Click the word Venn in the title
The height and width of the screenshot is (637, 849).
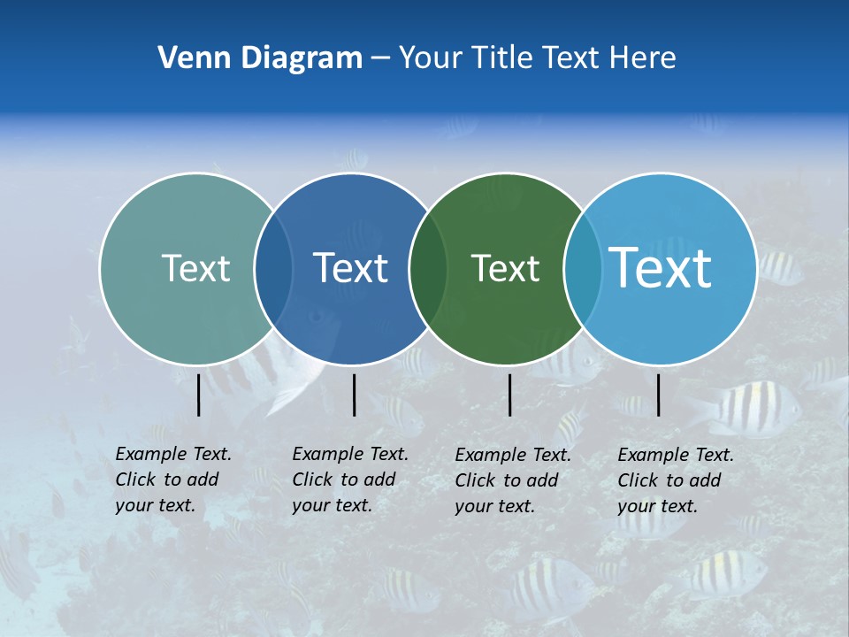[x=188, y=58]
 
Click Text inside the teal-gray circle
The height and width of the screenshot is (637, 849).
[x=195, y=268]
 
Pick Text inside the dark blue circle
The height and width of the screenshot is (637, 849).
[x=350, y=268]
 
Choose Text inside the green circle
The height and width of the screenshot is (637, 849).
[x=505, y=268]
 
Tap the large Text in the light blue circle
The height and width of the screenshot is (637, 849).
[x=660, y=268]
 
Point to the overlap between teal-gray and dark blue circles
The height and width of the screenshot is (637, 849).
[x=273, y=269]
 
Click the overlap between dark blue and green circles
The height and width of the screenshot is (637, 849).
[x=428, y=269]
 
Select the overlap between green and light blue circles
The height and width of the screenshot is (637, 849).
[x=582, y=269]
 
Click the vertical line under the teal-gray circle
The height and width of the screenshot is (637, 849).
[x=199, y=395]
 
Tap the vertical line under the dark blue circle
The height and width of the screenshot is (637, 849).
[x=354, y=395]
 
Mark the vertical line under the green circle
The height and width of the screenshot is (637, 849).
[x=509, y=395]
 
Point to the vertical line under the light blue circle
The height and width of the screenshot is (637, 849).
[x=658, y=395]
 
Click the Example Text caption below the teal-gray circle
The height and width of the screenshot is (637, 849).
[x=173, y=480]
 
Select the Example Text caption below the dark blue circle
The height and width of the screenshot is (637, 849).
[x=350, y=480]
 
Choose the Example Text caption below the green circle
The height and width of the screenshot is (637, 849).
[x=513, y=480]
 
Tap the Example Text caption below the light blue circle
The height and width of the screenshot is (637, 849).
[x=676, y=480]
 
